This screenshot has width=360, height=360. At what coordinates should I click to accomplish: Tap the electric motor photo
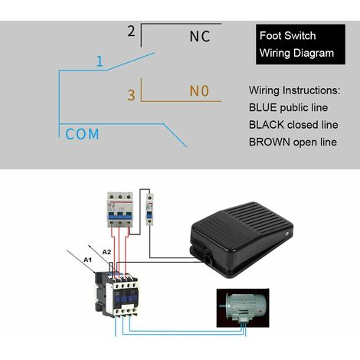[244, 306]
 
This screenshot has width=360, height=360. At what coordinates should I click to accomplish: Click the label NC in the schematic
[199, 36]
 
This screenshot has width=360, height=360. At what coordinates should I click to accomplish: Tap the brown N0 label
[199, 92]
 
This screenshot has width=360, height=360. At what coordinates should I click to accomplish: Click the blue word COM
[82, 134]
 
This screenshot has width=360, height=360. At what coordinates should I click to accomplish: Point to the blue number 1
[100, 61]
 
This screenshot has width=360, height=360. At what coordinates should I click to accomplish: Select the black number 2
[131, 31]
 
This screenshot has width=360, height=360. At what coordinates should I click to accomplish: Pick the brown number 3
[131, 95]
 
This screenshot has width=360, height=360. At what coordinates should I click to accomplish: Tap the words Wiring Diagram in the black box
[296, 54]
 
